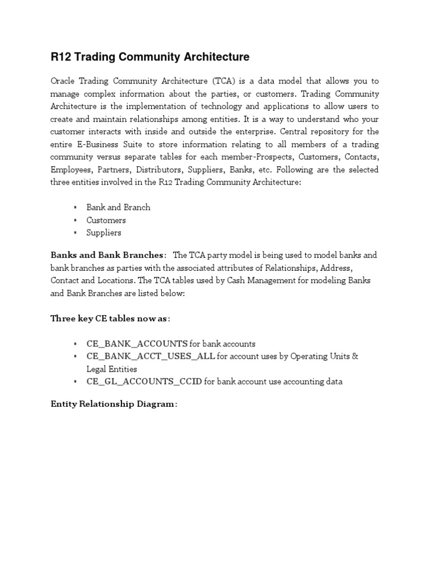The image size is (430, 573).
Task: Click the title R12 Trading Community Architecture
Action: tap(150, 57)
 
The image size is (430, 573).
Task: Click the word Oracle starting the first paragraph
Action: tap(63, 82)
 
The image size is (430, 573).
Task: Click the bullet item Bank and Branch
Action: tap(118, 207)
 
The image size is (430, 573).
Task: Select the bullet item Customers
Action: tap(106, 220)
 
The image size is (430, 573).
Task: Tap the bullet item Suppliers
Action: tap(104, 233)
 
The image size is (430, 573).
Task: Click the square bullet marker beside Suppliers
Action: tap(75, 233)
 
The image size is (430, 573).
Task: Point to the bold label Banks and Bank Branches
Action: tap(107, 255)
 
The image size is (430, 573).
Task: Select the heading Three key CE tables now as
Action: tap(109, 318)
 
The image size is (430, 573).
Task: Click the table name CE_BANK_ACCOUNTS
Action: tap(137, 344)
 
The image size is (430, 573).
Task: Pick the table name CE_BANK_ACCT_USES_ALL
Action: tap(151, 356)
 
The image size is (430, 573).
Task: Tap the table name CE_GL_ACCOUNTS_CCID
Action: tap(144, 382)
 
